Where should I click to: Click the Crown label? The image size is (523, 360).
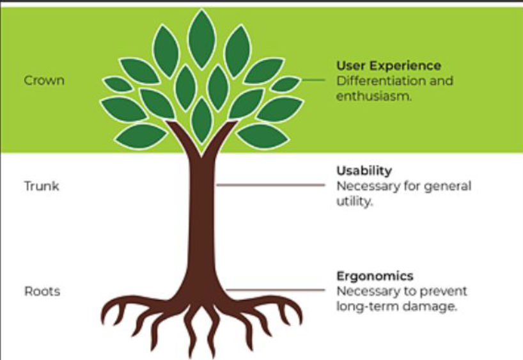pos(44,81)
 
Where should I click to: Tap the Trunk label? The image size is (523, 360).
pos(42,186)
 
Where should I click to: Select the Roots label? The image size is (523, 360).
pos(42,292)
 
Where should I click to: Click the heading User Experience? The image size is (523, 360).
pos(389,66)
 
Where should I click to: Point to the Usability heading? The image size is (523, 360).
pos(364,171)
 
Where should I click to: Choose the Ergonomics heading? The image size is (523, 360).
pos(375,276)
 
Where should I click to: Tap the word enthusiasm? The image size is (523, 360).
pos(374,97)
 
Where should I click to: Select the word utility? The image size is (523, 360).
pos(354,201)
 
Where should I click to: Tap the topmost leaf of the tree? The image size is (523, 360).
pos(201,39)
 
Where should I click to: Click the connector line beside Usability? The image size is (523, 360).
pos(270,185)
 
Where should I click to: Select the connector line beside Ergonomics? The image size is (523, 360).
pos(275,290)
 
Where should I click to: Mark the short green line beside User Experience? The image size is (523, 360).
pos(313,80)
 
